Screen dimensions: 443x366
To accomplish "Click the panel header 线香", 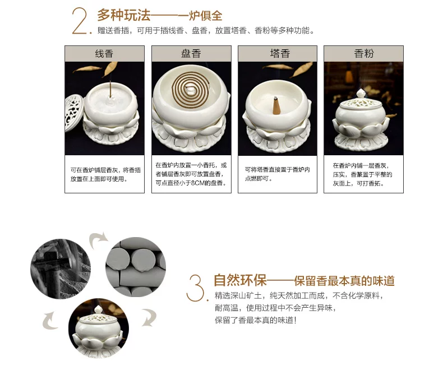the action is click(104, 53).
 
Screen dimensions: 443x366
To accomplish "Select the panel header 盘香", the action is click(191, 53).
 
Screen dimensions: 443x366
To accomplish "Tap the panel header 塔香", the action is click(280, 53).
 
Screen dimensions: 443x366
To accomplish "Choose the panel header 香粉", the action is click(364, 53).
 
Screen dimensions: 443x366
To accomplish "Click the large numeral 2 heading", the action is click(81, 21).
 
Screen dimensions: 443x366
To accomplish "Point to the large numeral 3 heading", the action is click(196, 288).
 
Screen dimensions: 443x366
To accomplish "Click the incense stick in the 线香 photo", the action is click(110, 90).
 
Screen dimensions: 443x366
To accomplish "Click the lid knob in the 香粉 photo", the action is click(361, 94).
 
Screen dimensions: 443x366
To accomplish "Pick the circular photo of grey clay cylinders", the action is click(136, 267).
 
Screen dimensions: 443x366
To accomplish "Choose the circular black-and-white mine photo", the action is click(61, 269).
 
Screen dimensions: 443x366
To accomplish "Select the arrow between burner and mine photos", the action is click(50, 321).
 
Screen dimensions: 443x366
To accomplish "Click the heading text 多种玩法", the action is click(124, 15).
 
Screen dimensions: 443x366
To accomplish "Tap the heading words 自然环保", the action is click(240, 280).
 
